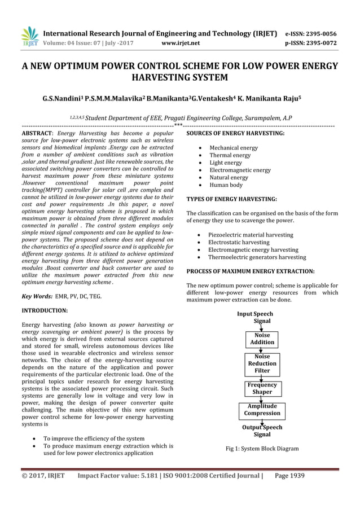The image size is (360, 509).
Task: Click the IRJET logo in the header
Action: click(x=29, y=37)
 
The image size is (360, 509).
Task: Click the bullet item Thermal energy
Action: click(x=230, y=155)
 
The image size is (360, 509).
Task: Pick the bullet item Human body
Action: click(x=226, y=185)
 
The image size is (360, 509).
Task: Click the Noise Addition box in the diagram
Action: click(x=262, y=339)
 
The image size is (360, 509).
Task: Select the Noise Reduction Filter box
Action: click(x=262, y=364)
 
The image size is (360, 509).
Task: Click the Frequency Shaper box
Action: click(x=262, y=388)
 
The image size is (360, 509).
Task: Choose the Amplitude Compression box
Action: click(x=262, y=410)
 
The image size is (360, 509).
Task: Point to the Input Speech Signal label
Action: click(x=256, y=317)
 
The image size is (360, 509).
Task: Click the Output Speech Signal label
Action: click(x=262, y=431)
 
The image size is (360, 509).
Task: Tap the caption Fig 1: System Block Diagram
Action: click(x=262, y=449)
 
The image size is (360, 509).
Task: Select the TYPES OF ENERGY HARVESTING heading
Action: click(x=231, y=199)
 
